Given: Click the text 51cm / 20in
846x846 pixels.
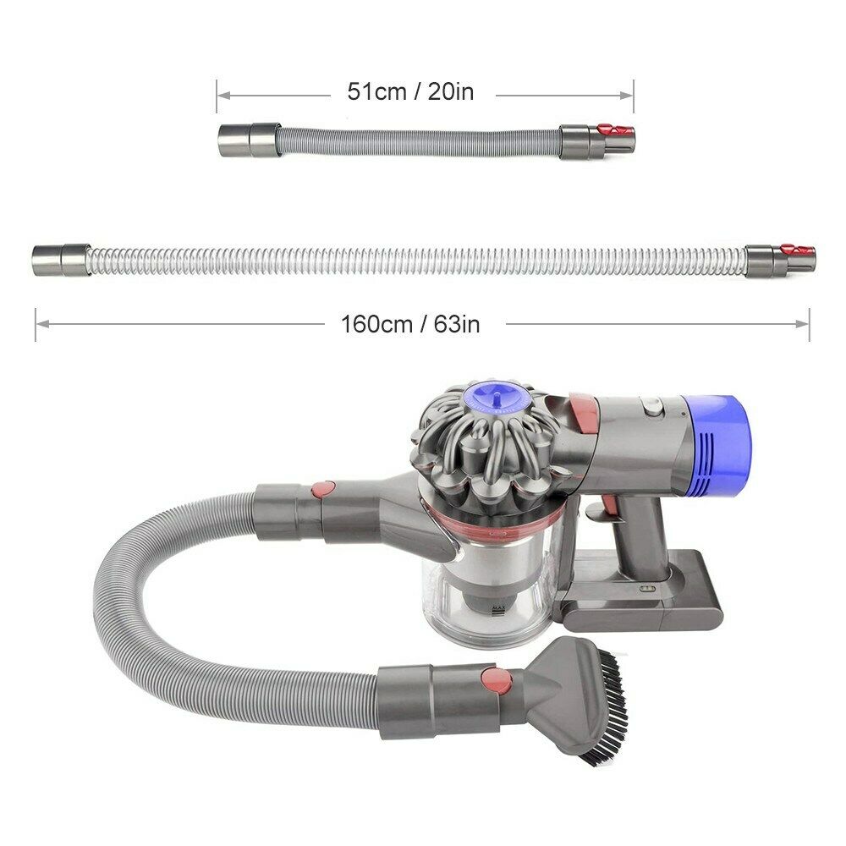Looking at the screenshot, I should click(x=411, y=92).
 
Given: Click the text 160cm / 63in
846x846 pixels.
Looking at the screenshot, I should click(x=411, y=323).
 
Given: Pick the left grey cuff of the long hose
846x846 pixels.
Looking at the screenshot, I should click(x=60, y=259).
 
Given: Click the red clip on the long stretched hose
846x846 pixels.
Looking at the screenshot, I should click(x=797, y=250).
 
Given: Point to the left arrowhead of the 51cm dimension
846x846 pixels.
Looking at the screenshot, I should click(x=221, y=96).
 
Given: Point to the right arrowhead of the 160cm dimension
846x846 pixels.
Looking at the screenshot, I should click(x=805, y=322).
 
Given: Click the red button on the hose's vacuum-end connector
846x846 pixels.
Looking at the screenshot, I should click(x=321, y=490).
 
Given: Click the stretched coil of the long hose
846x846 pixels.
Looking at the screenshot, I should click(x=415, y=260).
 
